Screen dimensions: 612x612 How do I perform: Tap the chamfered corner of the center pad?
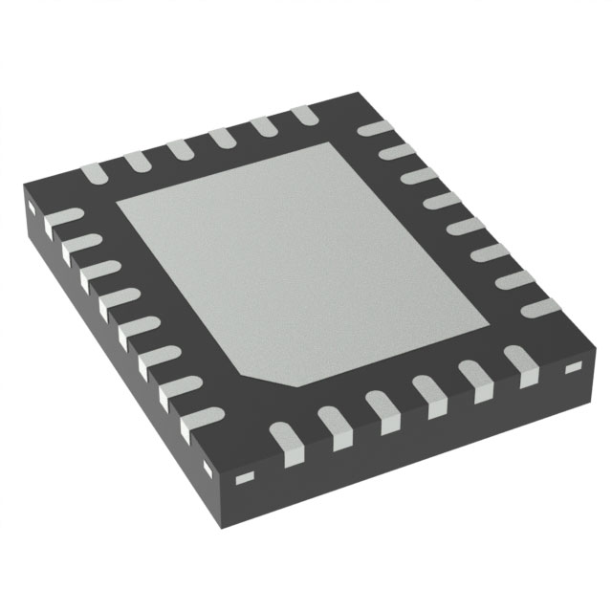coord(273,378)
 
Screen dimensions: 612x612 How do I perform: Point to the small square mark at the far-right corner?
coord(574,368)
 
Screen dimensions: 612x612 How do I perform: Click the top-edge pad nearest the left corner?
coord(93,173)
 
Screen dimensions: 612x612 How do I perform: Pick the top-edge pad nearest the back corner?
coord(304,114)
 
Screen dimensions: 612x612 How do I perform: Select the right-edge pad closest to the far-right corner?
coord(539,308)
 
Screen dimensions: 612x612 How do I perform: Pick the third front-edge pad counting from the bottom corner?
coord(383,412)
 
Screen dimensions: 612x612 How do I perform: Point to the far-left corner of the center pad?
coord(118,204)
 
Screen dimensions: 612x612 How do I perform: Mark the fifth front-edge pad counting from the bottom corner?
coord(476,382)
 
